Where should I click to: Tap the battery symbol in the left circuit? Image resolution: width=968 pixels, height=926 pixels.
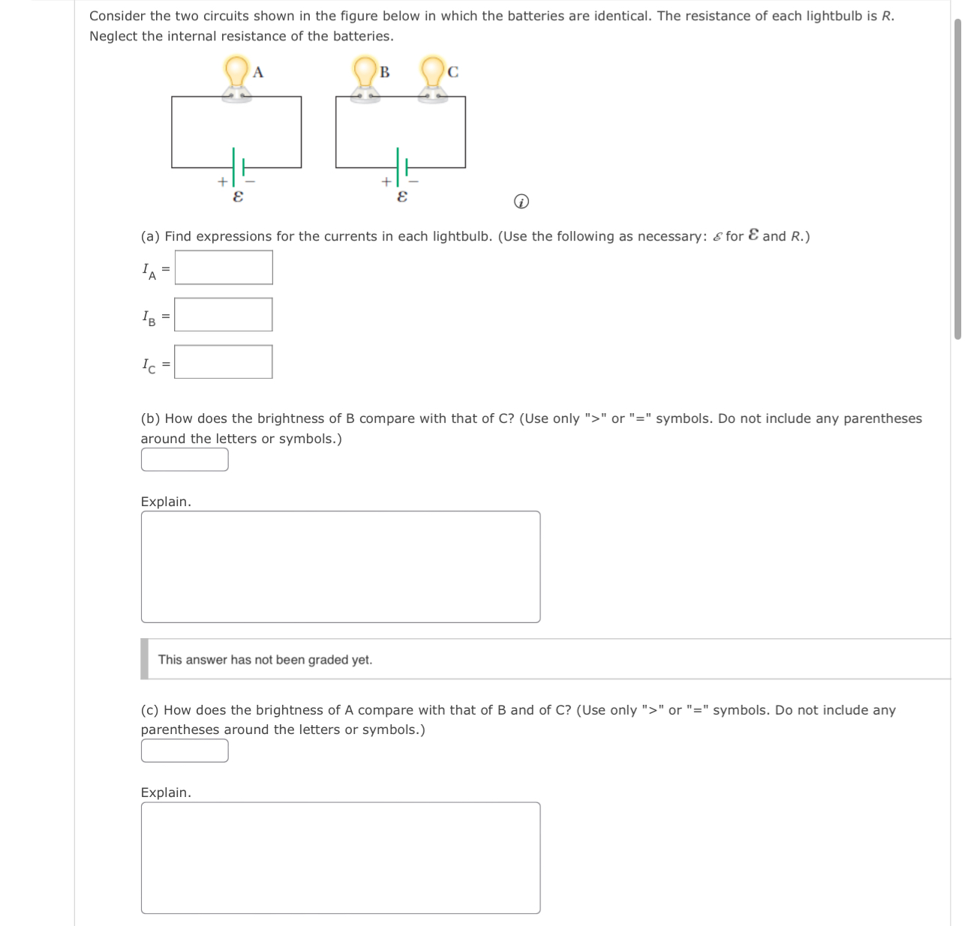(238, 166)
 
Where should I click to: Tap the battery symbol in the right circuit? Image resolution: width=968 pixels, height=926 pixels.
(401, 166)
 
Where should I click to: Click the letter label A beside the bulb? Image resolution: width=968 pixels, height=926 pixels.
(258, 72)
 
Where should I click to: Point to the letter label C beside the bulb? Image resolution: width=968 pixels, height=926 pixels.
(452, 72)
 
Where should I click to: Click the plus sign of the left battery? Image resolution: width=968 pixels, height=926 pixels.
(222, 181)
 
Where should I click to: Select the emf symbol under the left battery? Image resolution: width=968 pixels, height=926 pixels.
(238, 196)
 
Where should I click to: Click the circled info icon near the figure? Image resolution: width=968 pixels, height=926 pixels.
(521, 202)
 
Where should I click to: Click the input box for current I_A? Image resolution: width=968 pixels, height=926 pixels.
(224, 268)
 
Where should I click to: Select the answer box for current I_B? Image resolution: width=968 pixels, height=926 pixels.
(224, 315)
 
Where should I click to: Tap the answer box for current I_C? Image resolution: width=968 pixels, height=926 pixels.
(224, 362)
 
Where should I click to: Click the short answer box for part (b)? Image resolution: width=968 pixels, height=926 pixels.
(185, 460)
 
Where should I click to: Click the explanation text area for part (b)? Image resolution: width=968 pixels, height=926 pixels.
(341, 567)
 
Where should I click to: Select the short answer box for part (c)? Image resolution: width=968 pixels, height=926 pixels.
(185, 751)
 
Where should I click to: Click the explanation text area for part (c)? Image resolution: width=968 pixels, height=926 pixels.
(341, 858)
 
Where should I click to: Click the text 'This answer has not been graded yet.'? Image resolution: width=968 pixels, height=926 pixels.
(265, 660)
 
